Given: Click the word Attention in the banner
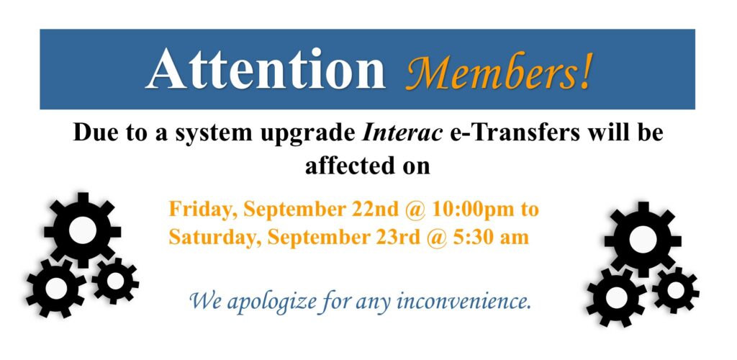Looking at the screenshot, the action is pyautogui.click(x=266, y=69).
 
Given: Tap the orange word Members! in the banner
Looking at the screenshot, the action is pyautogui.click(x=498, y=71).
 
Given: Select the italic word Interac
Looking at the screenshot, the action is pyautogui.click(x=402, y=133).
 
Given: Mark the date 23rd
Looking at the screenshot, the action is pyautogui.click(x=397, y=238).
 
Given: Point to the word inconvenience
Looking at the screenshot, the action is pyautogui.click(x=464, y=301).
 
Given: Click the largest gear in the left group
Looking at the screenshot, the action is pyautogui.click(x=83, y=230).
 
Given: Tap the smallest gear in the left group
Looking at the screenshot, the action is pyautogui.click(x=115, y=281).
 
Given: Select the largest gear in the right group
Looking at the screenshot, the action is pyautogui.click(x=643, y=240).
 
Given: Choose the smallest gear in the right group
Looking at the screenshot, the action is pyautogui.click(x=675, y=290).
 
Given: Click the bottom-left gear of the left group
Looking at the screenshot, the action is pyautogui.click(x=56, y=287).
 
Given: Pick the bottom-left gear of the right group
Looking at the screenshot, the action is pyautogui.click(x=617, y=297).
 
